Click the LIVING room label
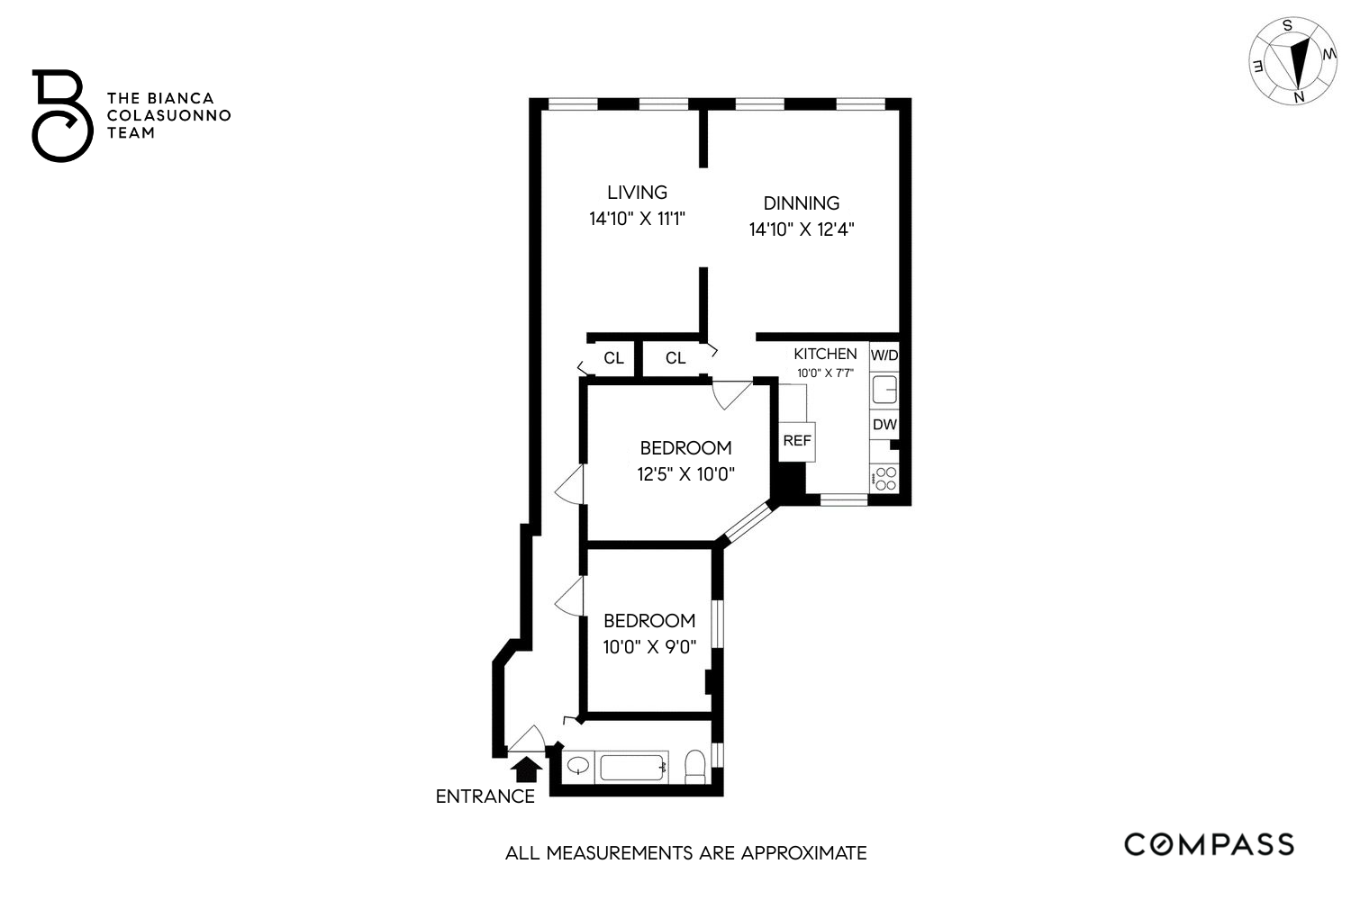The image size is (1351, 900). (637, 192)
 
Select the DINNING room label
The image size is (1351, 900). (801, 203)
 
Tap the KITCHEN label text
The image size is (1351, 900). (825, 354)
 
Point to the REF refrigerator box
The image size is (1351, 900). (797, 441)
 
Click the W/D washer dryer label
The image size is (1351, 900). (884, 355)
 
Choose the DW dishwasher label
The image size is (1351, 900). (884, 424)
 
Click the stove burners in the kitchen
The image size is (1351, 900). (885, 479)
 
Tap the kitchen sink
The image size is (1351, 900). (884, 390)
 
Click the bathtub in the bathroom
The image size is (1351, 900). (633, 768)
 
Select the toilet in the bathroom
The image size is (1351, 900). (695, 767)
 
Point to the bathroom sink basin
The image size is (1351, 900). (577, 767)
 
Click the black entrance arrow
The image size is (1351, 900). (525, 769)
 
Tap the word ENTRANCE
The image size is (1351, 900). (485, 796)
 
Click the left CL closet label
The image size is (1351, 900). (613, 358)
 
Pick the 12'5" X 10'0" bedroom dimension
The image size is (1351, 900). (686, 473)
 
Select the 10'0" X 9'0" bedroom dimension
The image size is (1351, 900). (649, 646)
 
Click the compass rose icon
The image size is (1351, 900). (1293, 61)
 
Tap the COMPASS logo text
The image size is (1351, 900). (1209, 844)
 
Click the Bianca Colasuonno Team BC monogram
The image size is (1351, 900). (60, 116)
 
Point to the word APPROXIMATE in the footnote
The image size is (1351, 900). (803, 853)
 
